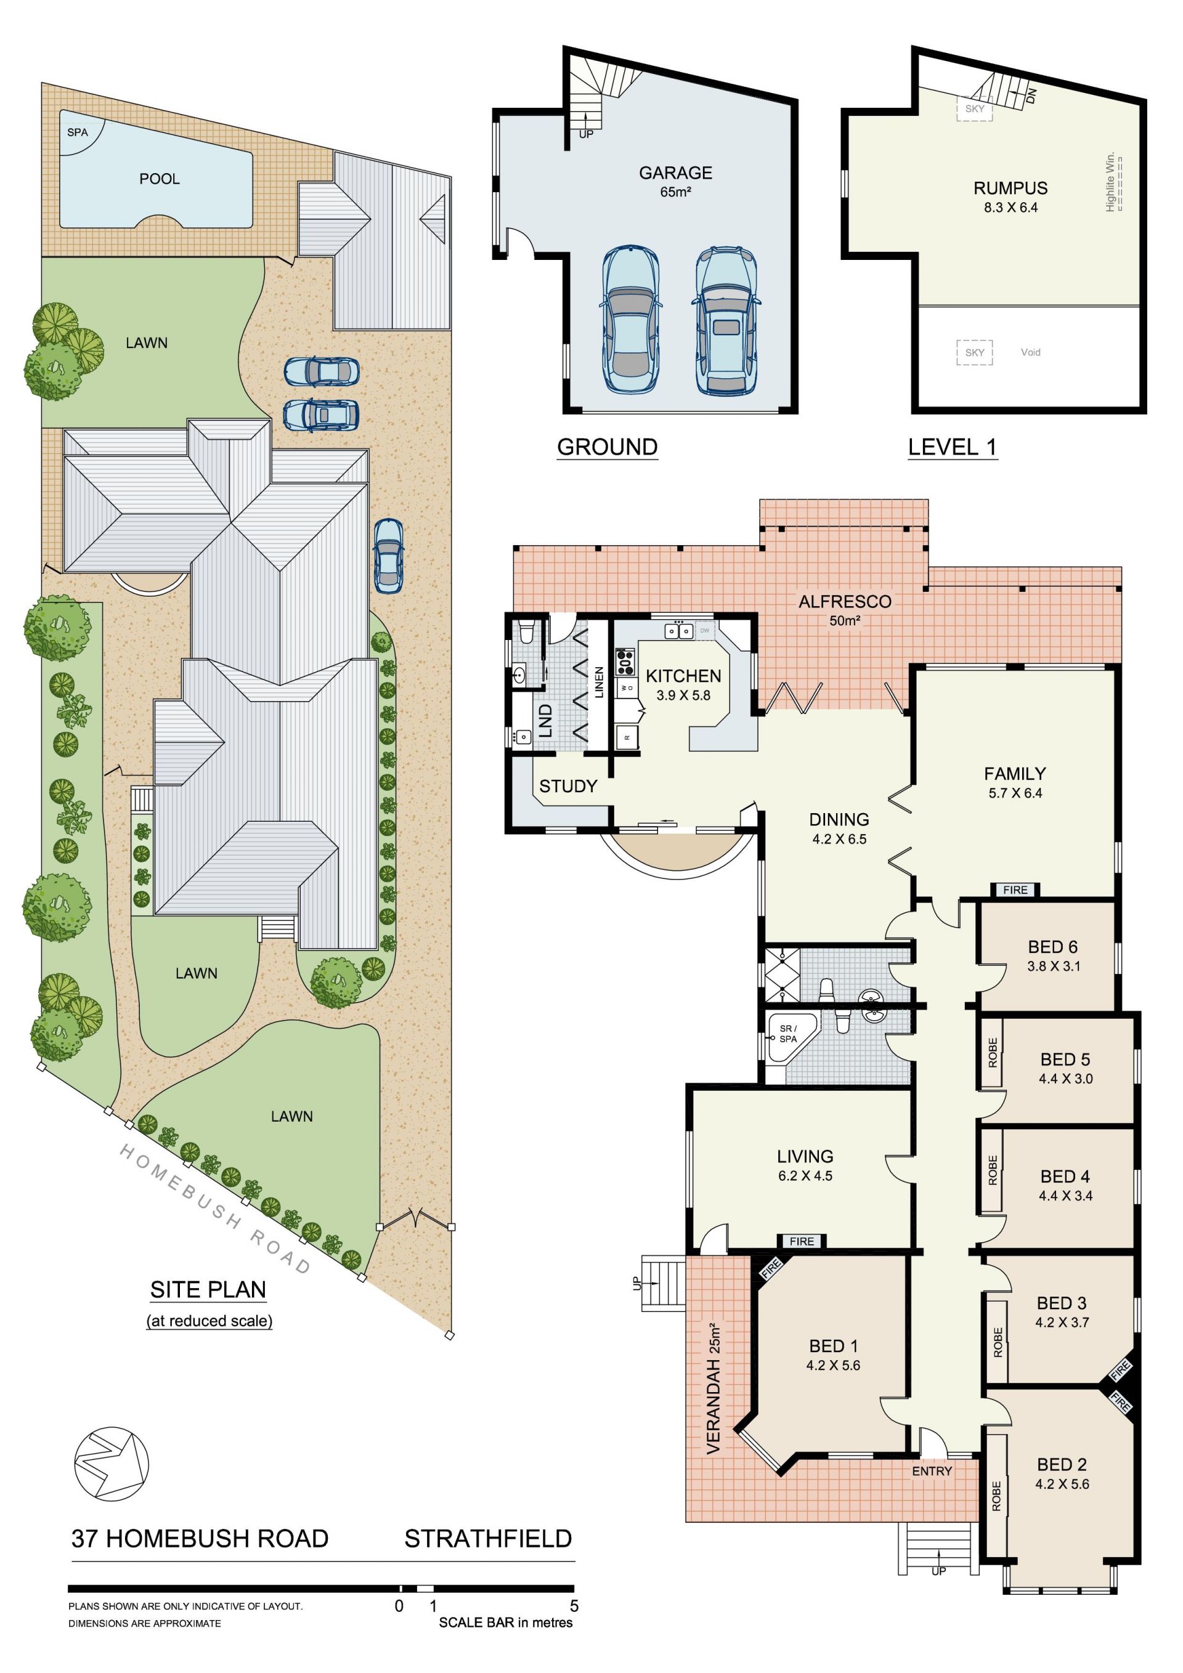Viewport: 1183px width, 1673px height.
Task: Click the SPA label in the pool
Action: [77, 132]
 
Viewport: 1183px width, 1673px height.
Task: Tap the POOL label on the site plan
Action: [160, 179]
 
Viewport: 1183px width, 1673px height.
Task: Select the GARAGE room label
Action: [676, 172]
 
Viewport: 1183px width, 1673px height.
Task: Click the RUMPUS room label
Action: [1010, 188]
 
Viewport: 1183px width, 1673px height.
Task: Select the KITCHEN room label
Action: [683, 676]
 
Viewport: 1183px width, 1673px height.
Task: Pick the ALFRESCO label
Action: [845, 601]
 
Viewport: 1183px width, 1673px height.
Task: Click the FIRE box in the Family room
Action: [1015, 889]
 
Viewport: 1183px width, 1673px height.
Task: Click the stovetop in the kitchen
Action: [625, 661]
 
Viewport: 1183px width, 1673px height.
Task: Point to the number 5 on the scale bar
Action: [574, 1606]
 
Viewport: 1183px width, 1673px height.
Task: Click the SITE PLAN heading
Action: [208, 1290]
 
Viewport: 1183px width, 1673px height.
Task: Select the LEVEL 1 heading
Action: [952, 447]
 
